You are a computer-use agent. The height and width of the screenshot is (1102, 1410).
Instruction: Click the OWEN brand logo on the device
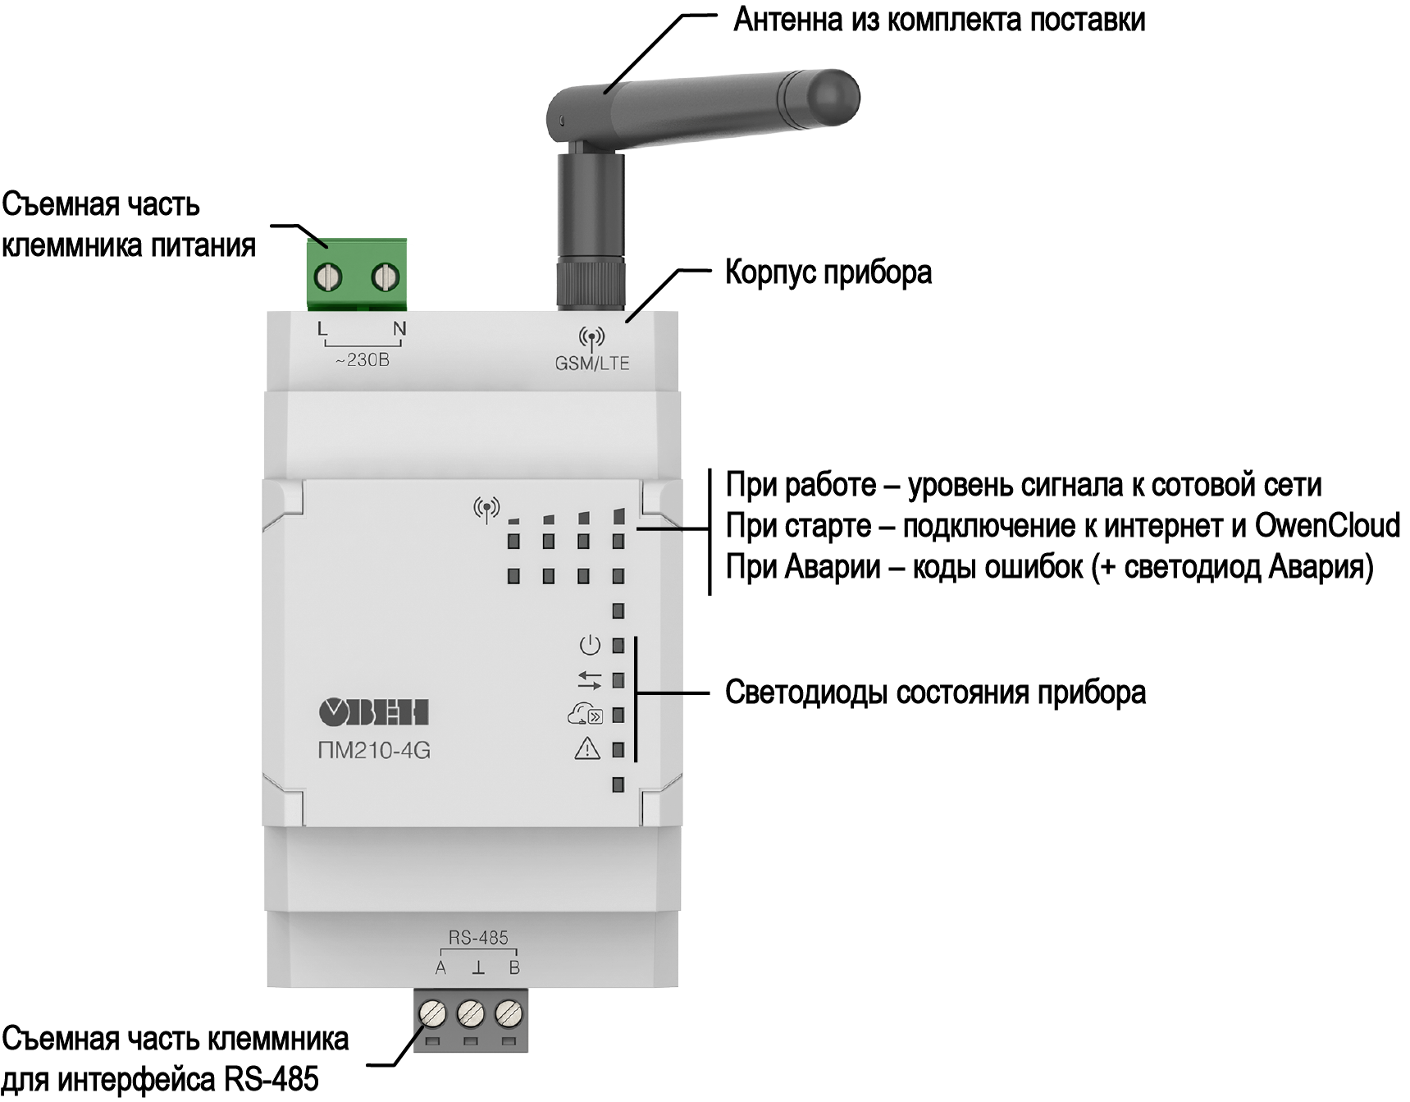pos(374,712)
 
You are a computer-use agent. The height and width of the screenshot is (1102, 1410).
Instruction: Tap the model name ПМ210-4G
pos(374,751)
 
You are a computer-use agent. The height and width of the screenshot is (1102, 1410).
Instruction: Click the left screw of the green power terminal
pos(328,278)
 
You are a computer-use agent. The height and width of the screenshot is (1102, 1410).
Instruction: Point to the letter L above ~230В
pos(322,330)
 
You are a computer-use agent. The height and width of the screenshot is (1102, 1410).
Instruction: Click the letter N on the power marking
pos(399,330)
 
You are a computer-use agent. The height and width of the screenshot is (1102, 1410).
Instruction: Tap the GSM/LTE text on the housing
pos(592,364)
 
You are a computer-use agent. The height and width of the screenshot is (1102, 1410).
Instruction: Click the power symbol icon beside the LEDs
pos(590,646)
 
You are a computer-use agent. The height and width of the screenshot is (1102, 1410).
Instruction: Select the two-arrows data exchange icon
pos(589,680)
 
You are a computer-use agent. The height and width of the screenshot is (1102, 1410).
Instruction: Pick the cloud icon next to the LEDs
pos(585,715)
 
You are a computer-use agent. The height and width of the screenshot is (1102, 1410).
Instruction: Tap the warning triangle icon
pos(587,748)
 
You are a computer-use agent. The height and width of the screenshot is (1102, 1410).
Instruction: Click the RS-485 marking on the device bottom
pos(478,937)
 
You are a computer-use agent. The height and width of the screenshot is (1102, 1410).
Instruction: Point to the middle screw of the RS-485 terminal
pos(470,1014)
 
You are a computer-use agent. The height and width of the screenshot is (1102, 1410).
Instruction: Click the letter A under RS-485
pos(440,968)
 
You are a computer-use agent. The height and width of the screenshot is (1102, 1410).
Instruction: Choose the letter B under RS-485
pos(514,968)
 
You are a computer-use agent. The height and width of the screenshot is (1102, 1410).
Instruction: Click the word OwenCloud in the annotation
pos(1327,526)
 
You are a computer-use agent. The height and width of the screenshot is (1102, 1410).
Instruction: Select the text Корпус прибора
pos(828,272)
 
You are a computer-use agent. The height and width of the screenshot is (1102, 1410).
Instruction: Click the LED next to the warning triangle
pos(618,750)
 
